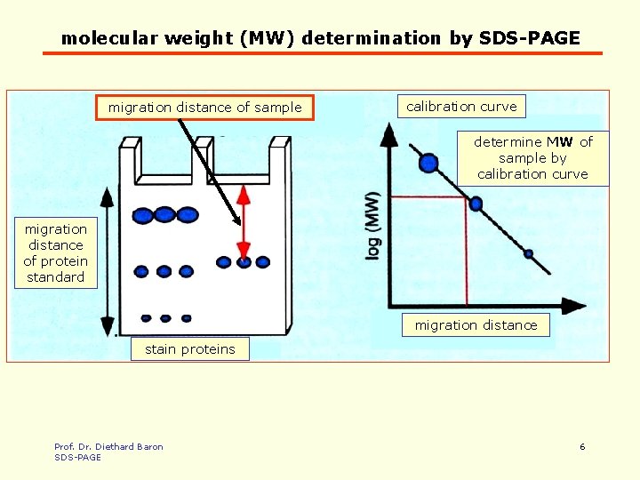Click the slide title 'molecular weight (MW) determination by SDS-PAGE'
[320, 38]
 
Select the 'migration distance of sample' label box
[204, 108]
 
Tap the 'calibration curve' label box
[461, 107]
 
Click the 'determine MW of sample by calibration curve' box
[532, 158]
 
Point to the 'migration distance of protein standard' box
[55, 253]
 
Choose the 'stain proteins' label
[189, 349]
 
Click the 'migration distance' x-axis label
[476, 325]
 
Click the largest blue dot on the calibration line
[428, 163]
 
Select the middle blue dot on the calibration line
[476, 204]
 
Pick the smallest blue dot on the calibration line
[528, 253]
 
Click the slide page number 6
[582, 446]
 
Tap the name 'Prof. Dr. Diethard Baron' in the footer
[108, 446]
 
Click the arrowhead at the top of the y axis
[388, 135]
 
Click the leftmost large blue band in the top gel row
[142, 214]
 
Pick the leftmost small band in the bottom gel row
[146, 317]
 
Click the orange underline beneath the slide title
[322, 53]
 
